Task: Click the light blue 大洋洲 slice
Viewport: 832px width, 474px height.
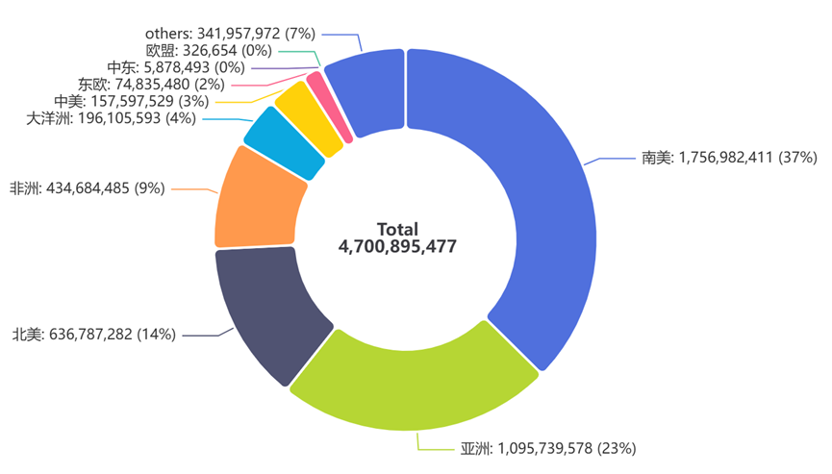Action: [x=284, y=144]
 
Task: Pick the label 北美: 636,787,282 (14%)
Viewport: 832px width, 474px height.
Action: [x=93, y=335]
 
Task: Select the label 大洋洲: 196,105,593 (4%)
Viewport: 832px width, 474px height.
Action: [x=111, y=118]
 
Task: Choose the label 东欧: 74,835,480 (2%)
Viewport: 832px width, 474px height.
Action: [x=138, y=85]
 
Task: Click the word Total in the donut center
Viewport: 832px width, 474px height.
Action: [x=397, y=229]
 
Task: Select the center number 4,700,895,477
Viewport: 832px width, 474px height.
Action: [x=397, y=247]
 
